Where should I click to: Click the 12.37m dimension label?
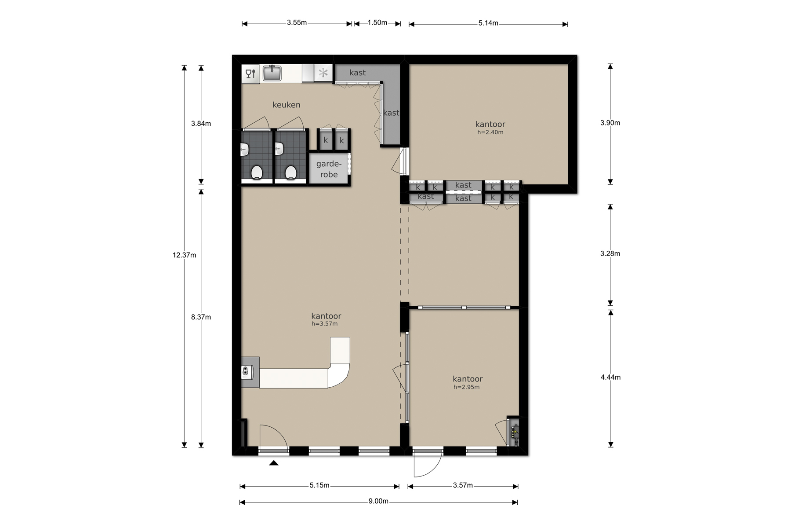(184, 255)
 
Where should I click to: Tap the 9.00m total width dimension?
(378, 501)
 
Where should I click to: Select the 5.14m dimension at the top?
(488, 23)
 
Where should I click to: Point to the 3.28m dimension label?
(610, 253)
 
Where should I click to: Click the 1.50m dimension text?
(377, 23)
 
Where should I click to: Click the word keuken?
(287, 105)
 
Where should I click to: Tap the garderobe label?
(329, 169)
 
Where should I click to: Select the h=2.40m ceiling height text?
(490, 132)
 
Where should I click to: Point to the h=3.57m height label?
(325, 324)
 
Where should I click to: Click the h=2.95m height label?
(467, 387)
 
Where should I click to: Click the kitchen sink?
(272, 73)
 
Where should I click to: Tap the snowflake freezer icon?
(323, 73)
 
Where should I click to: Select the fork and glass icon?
(250, 74)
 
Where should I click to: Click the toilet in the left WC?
(257, 172)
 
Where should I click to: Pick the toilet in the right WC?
(290, 172)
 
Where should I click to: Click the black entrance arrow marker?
(274, 463)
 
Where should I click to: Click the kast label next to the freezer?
(357, 73)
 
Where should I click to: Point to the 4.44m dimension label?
(610, 377)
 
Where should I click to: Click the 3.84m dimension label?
(201, 124)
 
